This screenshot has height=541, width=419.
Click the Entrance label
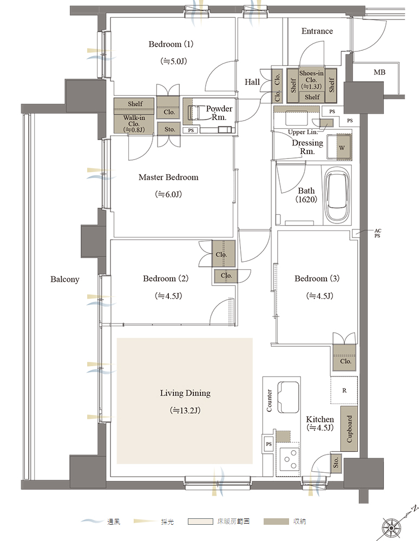[x=317, y=31]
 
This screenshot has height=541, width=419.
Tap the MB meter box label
[x=379, y=72]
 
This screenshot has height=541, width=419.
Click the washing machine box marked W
[x=344, y=147]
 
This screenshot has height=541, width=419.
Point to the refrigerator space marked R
[x=344, y=390]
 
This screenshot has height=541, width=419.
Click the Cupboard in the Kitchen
[x=349, y=428]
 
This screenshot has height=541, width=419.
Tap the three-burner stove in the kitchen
[x=290, y=459]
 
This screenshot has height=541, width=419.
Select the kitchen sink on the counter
[x=288, y=397]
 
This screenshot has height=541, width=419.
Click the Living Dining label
[x=185, y=393]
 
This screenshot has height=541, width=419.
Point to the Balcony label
[x=65, y=279]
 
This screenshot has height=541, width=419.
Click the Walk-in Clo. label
[x=134, y=121]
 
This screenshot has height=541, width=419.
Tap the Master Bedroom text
[x=168, y=177]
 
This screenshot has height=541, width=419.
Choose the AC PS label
[x=377, y=233]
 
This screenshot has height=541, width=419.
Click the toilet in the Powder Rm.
[x=194, y=113]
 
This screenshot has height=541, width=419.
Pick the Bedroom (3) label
[x=317, y=279]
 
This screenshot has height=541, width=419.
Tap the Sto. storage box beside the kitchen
[x=336, y=463]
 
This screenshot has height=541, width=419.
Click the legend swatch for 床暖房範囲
[x=200, y=522]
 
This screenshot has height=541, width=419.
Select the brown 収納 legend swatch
[x=276, y=522]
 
